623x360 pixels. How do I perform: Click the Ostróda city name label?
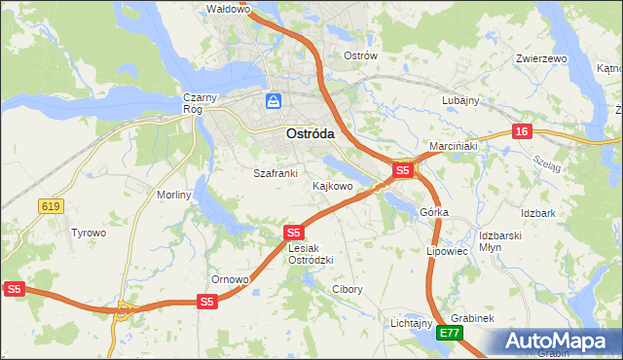[311, 134]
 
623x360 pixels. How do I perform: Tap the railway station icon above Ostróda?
[275, 100]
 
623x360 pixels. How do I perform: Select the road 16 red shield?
[523, 131]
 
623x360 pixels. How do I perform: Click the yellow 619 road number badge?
[52, 205]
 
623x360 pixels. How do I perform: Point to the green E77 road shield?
[449, 333]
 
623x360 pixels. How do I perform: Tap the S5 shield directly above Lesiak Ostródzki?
[295, 233]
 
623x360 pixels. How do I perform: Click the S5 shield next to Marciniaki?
[403, 170]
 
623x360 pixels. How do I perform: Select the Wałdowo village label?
[230, 9]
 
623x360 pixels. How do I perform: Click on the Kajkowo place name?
[332, 185]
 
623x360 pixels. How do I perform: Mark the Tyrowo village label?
[89, 233]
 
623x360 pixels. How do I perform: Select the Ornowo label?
[231, 279]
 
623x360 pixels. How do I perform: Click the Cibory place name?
[348, 289]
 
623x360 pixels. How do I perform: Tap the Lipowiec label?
[448, 251]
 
